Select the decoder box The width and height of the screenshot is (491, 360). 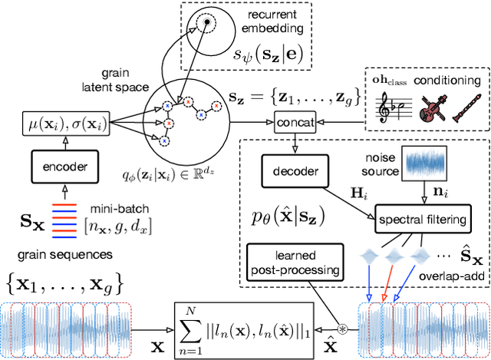294,170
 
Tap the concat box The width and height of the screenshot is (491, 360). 294,121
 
